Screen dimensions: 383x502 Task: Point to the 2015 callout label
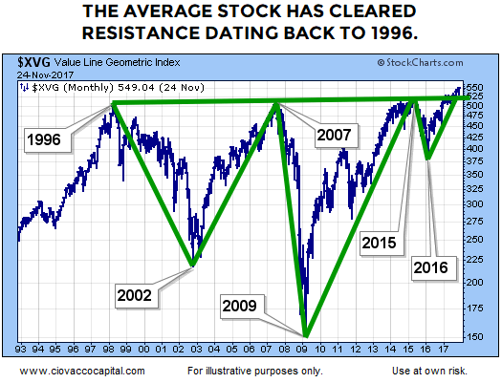382,243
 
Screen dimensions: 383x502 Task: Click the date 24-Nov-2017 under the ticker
43,72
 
